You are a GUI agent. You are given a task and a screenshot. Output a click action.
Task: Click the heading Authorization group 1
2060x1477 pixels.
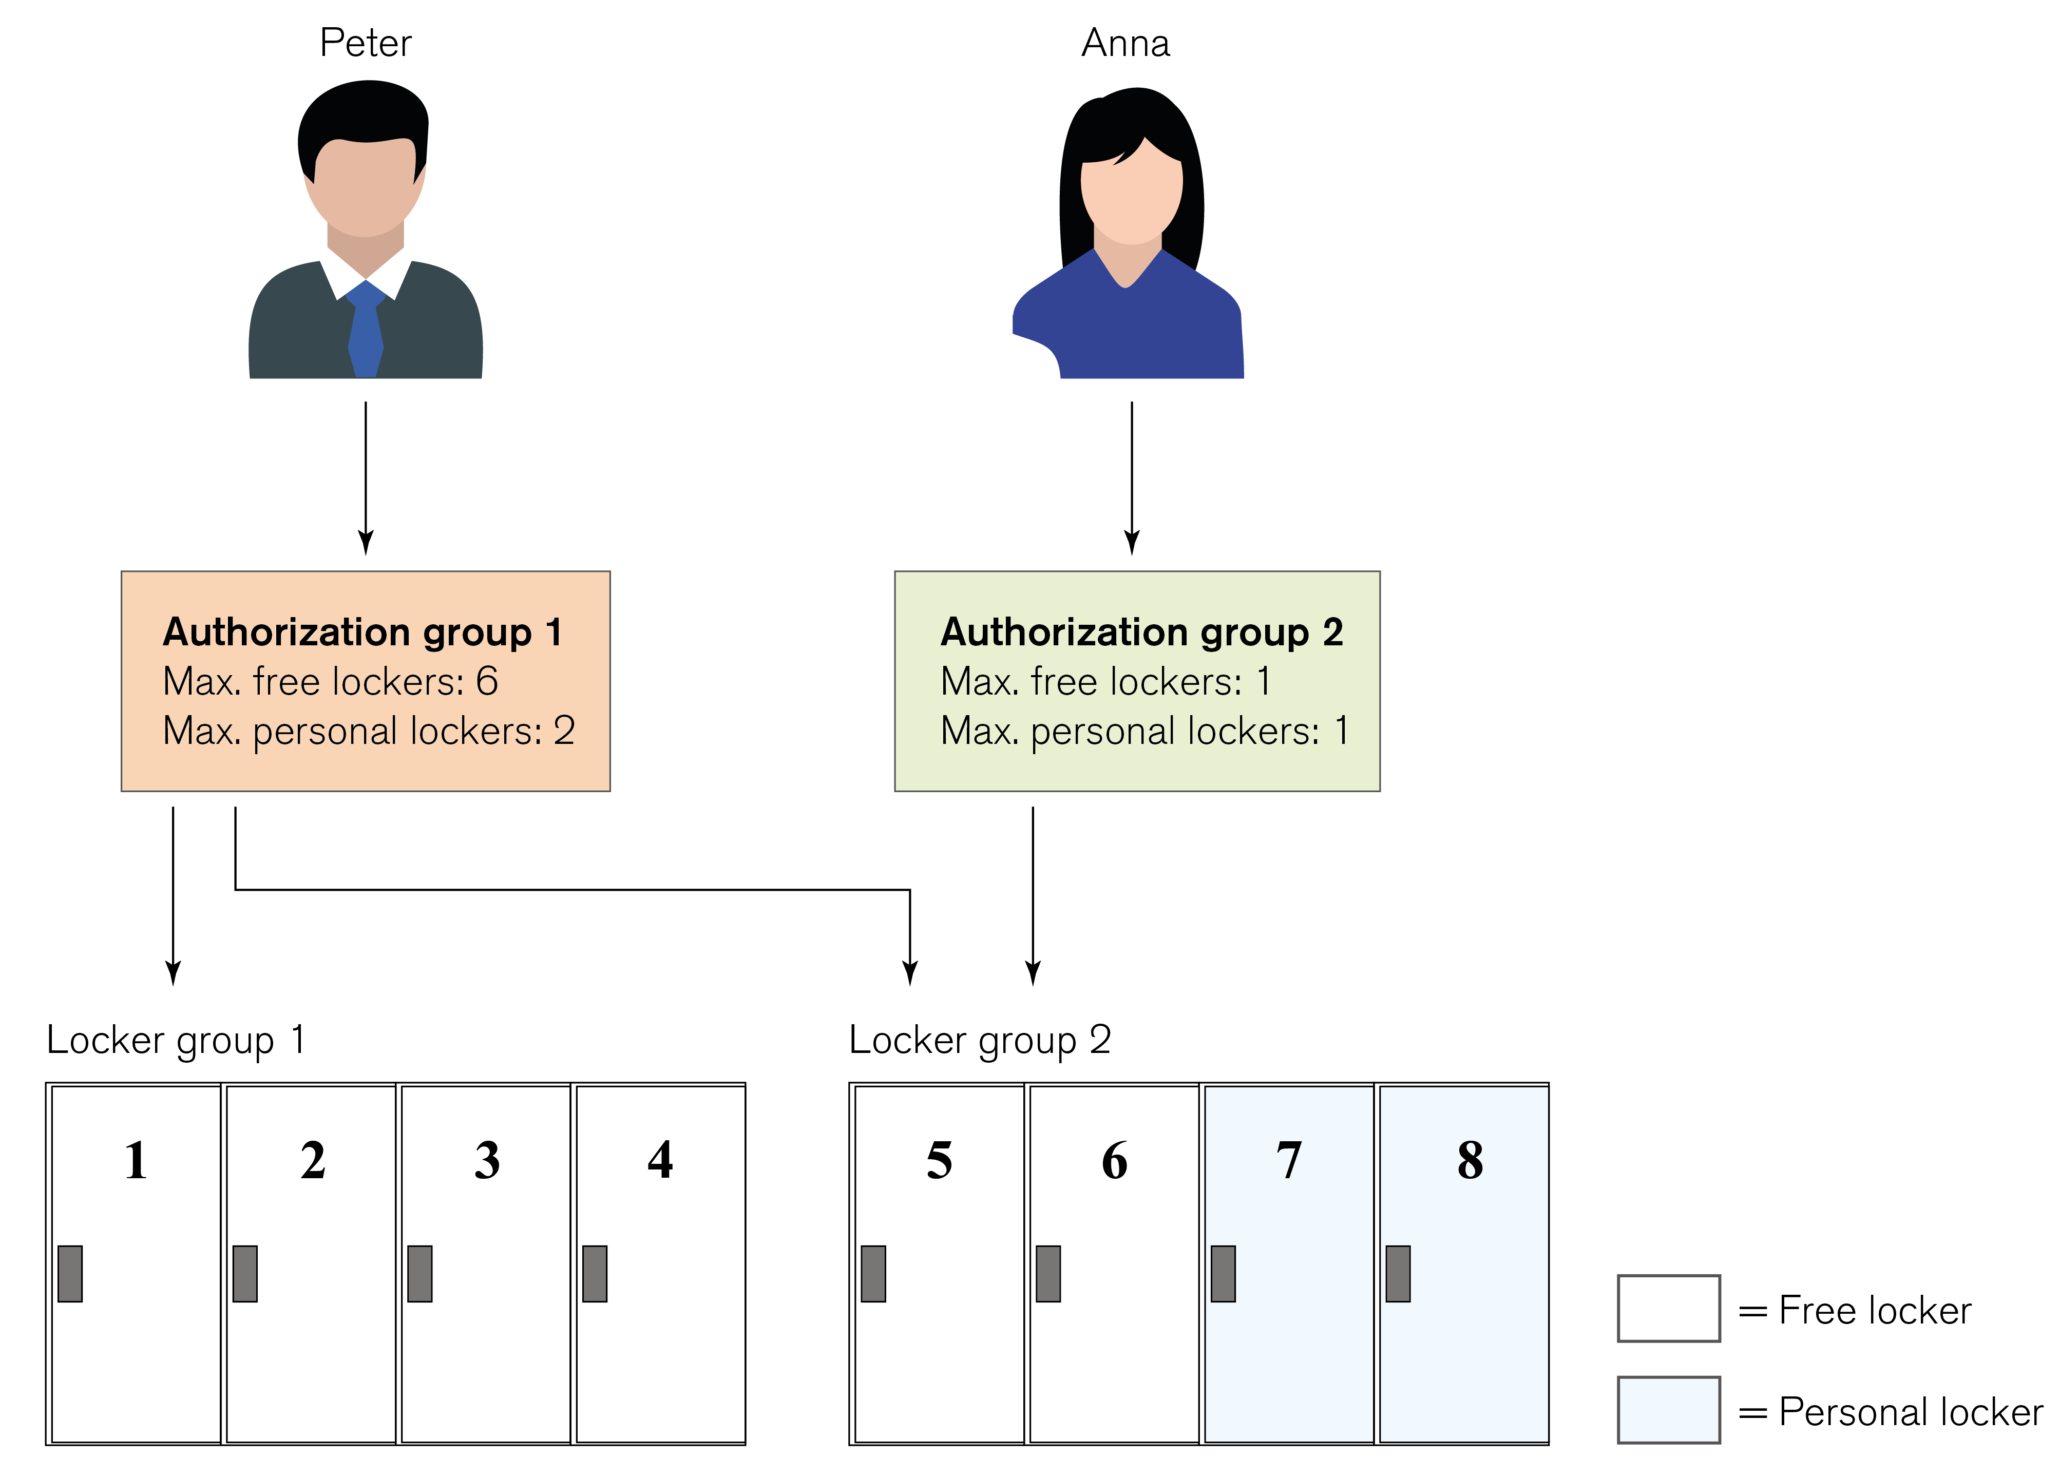coord(363,632)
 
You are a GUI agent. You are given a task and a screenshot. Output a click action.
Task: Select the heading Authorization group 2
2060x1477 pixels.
coord(1142,632)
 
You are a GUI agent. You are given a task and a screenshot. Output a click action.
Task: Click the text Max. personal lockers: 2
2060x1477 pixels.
coord(369,731)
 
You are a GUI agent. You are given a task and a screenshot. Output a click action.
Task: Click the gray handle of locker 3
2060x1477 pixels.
coord(419,1274)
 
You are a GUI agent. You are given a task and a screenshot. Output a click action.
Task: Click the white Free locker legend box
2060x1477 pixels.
coord(1669,1308)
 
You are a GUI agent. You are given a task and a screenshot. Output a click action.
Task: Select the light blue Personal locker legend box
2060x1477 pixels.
coord(1669,1410)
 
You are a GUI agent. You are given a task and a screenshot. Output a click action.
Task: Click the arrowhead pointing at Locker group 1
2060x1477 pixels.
coord(174,973)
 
